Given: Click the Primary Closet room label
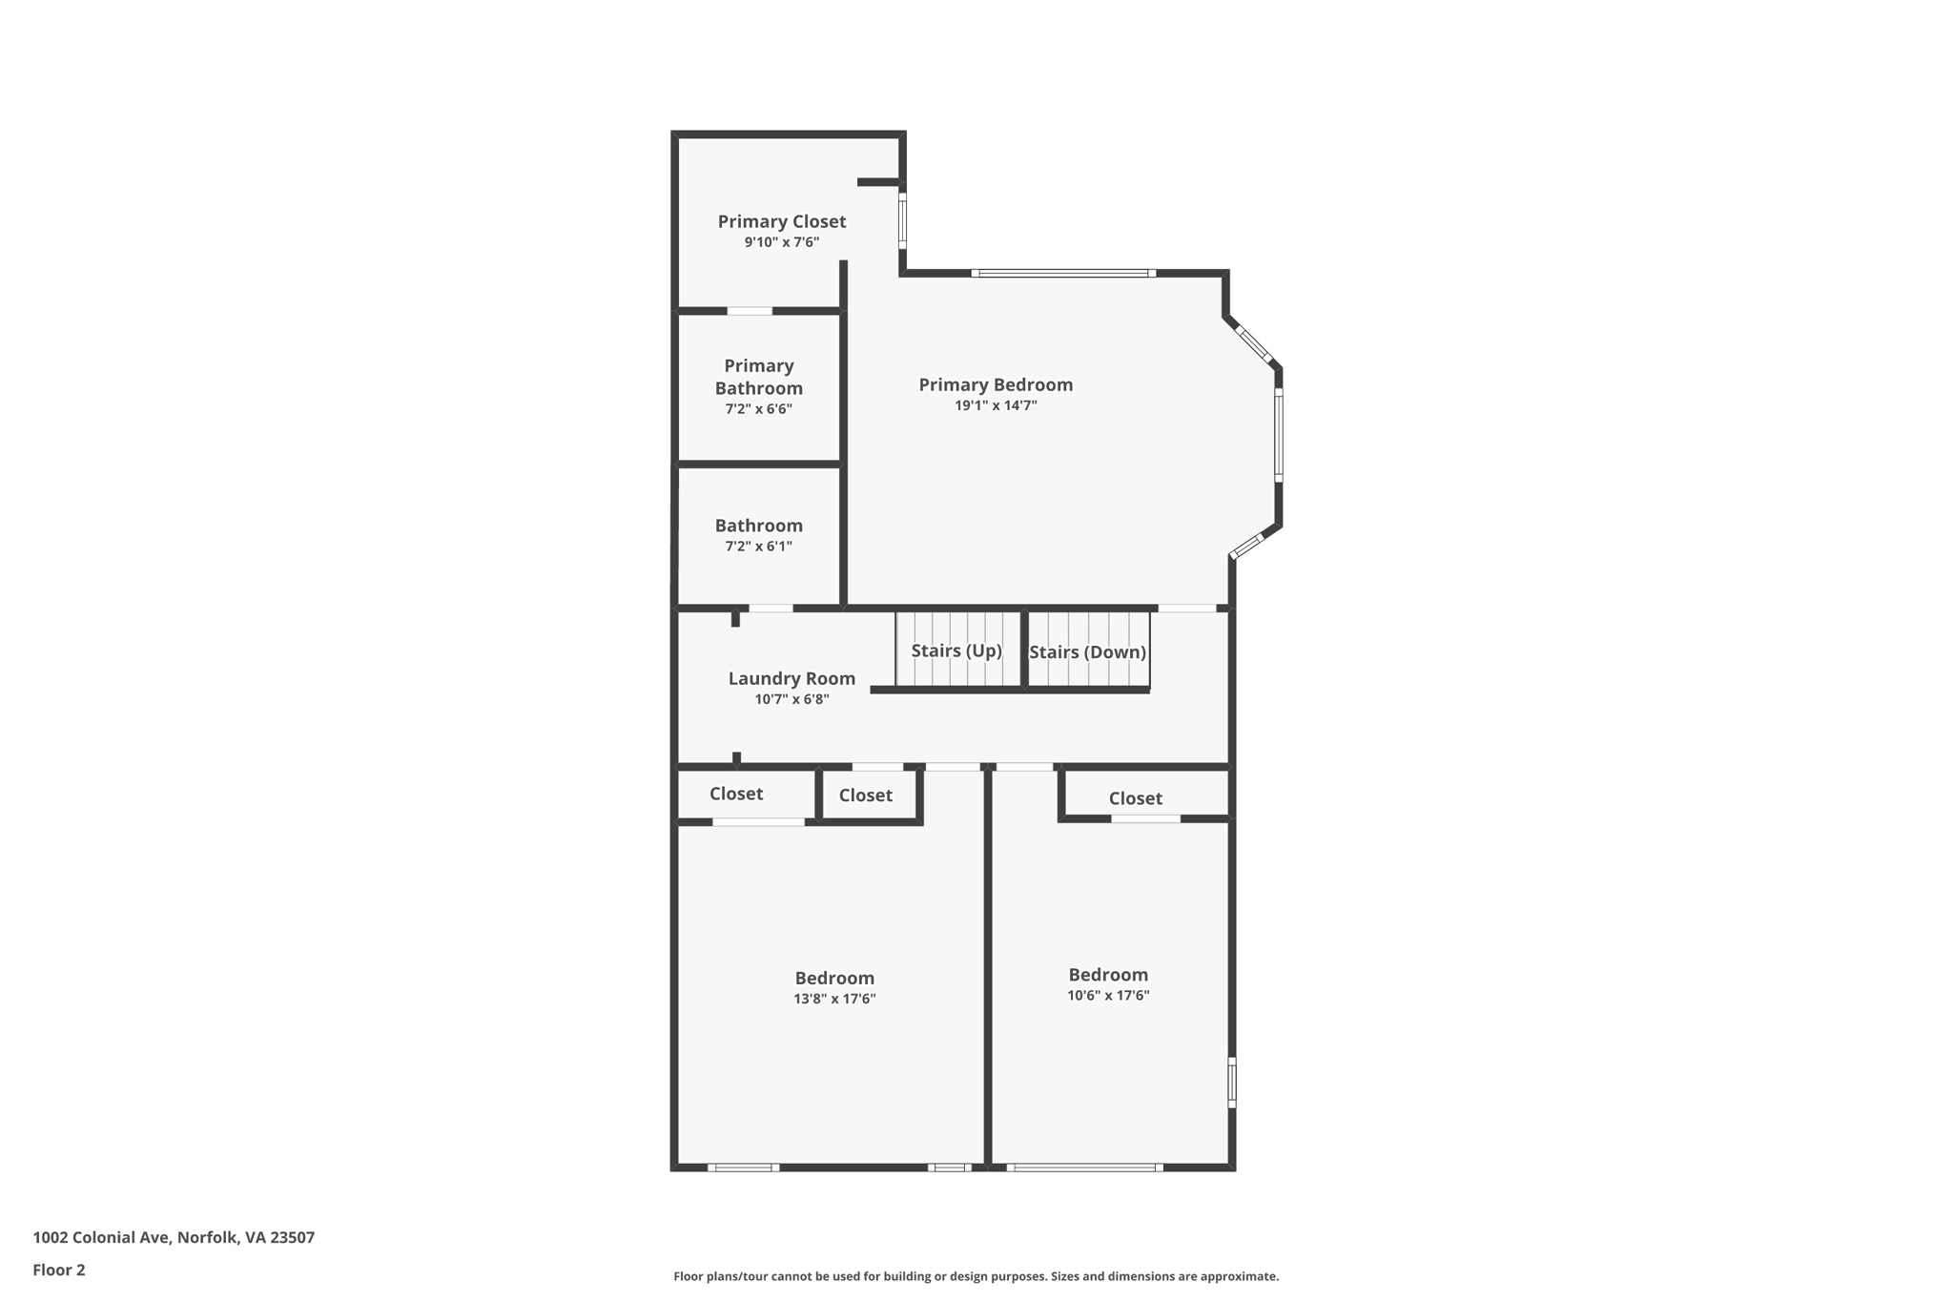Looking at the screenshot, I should pyautogui.click(x=781, y=221).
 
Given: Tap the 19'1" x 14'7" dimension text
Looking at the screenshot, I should pyautogui.click(x=996, y=405).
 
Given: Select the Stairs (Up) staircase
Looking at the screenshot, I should pyautogui.click(x=956, y=651).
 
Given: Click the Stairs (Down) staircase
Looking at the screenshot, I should pyautogui.click(x=1087, y=651).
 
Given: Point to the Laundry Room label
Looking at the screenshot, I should pyautogui.click(x=791, y=678).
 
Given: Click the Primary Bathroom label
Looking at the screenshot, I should pyautogui.click(x=758, y=377).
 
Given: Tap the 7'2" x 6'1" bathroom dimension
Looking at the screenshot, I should pyautogui.click(x=758, y=547).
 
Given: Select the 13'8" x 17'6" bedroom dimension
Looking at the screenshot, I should pyautogui.click(x=834, y=999).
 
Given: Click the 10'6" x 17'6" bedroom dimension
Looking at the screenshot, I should pyautogui.click(x=1108, y=995).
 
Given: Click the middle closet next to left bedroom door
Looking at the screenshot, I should pyautogui.click(x=866, y=795).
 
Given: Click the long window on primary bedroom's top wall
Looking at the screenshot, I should pyautogui.click(x=1063, y=274).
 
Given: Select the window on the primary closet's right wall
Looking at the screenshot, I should pyautogui.click(x=902, y=221).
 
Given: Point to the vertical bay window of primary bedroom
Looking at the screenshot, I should pyautogui.click(x=1278, y=435).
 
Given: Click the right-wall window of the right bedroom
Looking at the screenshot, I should pyautogui.click(x=1231, y=1082).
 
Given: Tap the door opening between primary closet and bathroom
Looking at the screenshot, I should pyautogui.click(x=750, y=311).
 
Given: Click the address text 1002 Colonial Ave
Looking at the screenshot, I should pyautogui.click(x=174, y=1237).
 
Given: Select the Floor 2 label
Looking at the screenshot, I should pyautogui.click(x=59, y=1270).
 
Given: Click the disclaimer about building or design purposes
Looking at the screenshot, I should pyautogui.click(x=976, y=1276).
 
